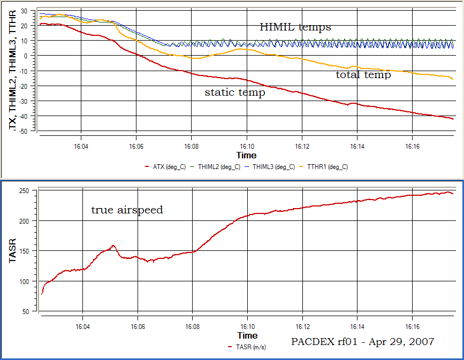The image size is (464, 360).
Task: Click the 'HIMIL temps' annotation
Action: pyautogui.click(x=295, y=27)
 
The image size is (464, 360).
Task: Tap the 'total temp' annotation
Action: pyautogui.click(x=363, y=75)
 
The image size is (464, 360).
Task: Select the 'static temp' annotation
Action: pyautogui.click(x=234, y=93)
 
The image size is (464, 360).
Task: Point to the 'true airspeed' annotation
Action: pyautogui.click(x=127, y=210)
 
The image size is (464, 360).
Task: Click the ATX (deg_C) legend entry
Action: pyautogui.click(x=165, y=167)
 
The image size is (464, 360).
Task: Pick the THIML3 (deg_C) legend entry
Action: pyautogui.click(x=269, y=167)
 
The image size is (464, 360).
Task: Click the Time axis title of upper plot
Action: pyautogui.click(x=247, y=155)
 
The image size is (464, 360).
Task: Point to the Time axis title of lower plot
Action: pyautogui.click(x=247, y=335)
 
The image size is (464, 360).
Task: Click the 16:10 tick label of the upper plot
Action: pyautogui.click(x=247, y=145)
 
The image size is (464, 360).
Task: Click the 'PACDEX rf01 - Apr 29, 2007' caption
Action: pyautogui.click(x=363, y=341)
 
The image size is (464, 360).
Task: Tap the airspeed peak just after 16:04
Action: pyautogui.click(x=113, y=246)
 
